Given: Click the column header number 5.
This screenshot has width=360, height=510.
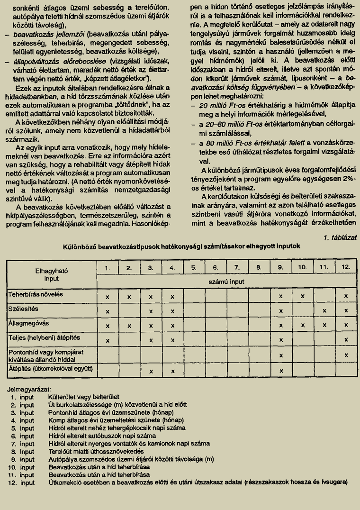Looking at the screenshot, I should pyautogui.click(x=194, y=268).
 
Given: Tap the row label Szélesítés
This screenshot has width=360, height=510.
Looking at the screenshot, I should pyautogui.click(x=23, y=309).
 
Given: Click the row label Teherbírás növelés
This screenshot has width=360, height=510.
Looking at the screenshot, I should pyautogui.click(x=36, y=294).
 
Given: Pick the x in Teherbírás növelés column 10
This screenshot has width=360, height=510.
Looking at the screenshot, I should pyautogui.click(x=302, y=296).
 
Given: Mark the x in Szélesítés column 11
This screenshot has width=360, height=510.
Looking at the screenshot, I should pyautogui.click(x=324, y=311).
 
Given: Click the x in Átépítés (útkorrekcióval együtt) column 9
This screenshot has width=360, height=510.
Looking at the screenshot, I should pyautogui.click(x=280, y=371).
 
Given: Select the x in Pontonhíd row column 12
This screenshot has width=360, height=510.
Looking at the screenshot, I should pyautogui.click(x=346, y=355).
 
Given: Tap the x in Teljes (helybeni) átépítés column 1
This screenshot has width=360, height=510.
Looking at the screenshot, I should pyautogui.click(x=108, y=340).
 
